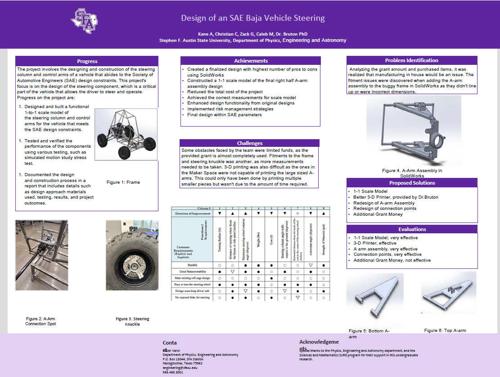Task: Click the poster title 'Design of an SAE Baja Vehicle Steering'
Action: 252,18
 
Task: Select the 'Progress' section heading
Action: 87,61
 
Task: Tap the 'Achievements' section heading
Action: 251,61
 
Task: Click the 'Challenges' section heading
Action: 249,143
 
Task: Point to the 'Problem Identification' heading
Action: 411,60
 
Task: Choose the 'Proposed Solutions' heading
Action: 412,183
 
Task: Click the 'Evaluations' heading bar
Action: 412,229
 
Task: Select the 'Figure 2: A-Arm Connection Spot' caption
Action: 41,321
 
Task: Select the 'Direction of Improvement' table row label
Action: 193,213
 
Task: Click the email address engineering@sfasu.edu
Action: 180,368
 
